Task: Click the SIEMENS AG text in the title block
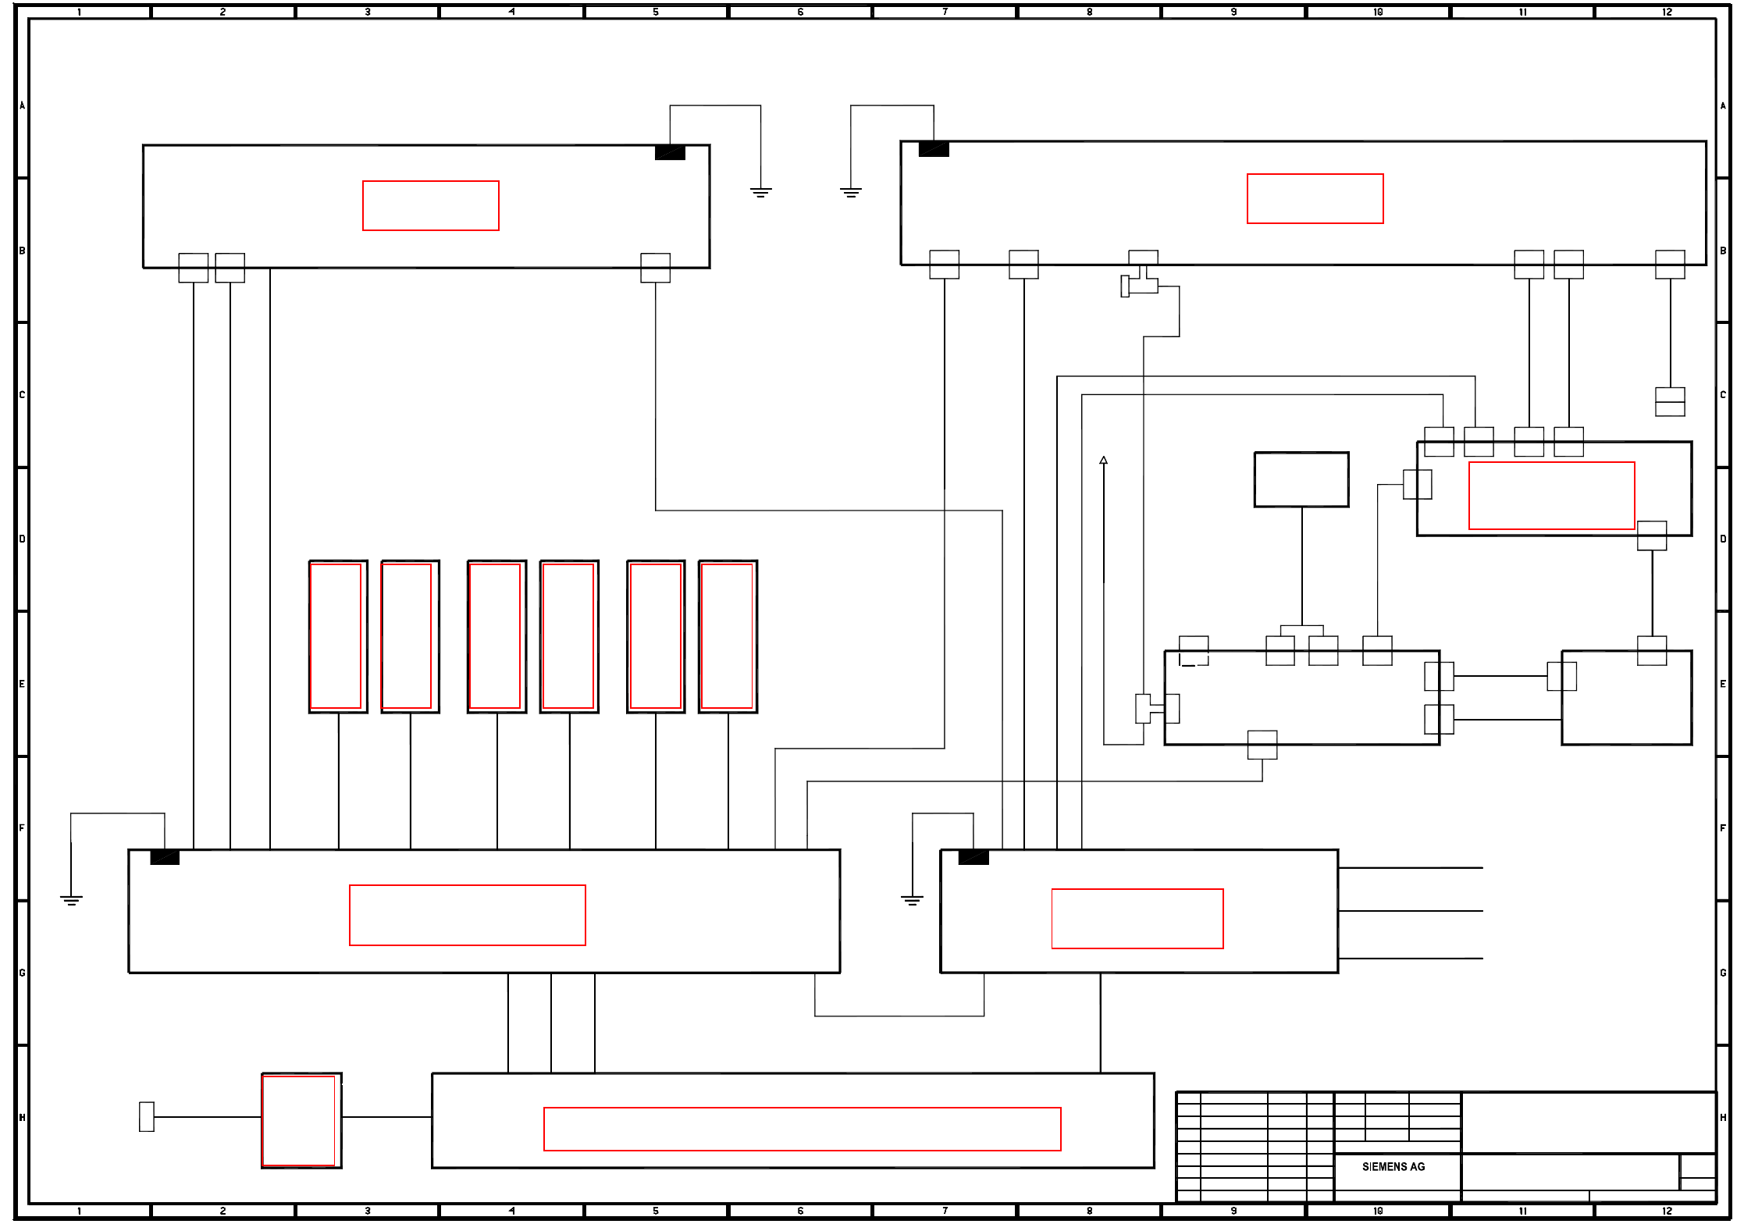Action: (1393, 1166)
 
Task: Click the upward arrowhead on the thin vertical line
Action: (1103, 461)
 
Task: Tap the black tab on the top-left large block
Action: (670, 152)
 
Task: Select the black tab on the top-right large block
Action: (934, 149)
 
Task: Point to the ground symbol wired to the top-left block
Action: (760, 192)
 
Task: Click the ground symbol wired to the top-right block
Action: (851, 192)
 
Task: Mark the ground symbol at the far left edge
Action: (71, 899)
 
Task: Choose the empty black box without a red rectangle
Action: (1301, 479)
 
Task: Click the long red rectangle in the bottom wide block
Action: (802, 1129)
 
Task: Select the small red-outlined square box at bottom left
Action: (300, 1120)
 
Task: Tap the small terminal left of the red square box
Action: (147, 1116)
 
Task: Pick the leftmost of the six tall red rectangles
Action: (336, 636)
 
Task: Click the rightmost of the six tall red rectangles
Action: (727, 636)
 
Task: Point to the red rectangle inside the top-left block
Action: (430, 205)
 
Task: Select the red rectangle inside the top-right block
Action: (1315, 198)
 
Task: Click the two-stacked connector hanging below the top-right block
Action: (1670, 401)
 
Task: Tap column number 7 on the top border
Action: (945, 12)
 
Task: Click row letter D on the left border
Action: (22, 539)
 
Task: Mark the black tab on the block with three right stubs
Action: (973, 857)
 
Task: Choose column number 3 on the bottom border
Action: (368, 1211)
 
